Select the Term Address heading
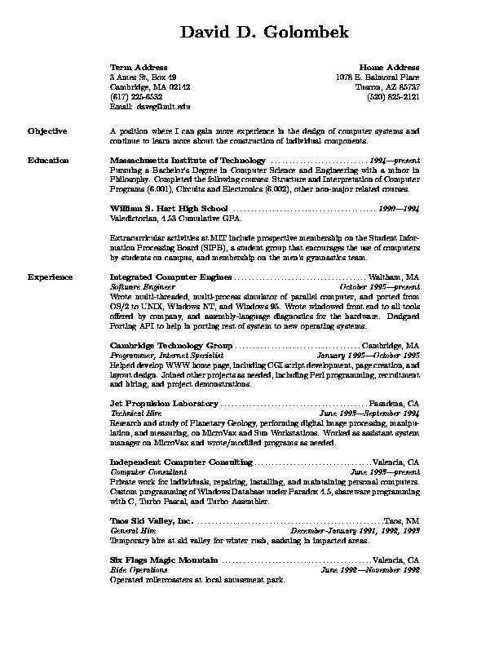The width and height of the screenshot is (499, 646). (x=139, y=67)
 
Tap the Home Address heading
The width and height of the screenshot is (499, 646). (x=389, y=67)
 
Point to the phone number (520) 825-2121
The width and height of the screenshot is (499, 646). (x=394, y=95)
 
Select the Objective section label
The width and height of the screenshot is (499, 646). (x=47, y=131)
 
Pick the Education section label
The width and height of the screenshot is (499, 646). (x=48, y=161)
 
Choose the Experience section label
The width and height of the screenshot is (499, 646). (x=50, y=277)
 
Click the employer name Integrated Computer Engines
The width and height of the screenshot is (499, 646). (x=170, y=277)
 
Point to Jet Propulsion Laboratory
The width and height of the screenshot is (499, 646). (x=164, y=404)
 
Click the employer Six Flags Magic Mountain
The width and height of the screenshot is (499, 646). (x=164, y=560)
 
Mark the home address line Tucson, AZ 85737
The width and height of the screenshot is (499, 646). (x=387, y=86)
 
